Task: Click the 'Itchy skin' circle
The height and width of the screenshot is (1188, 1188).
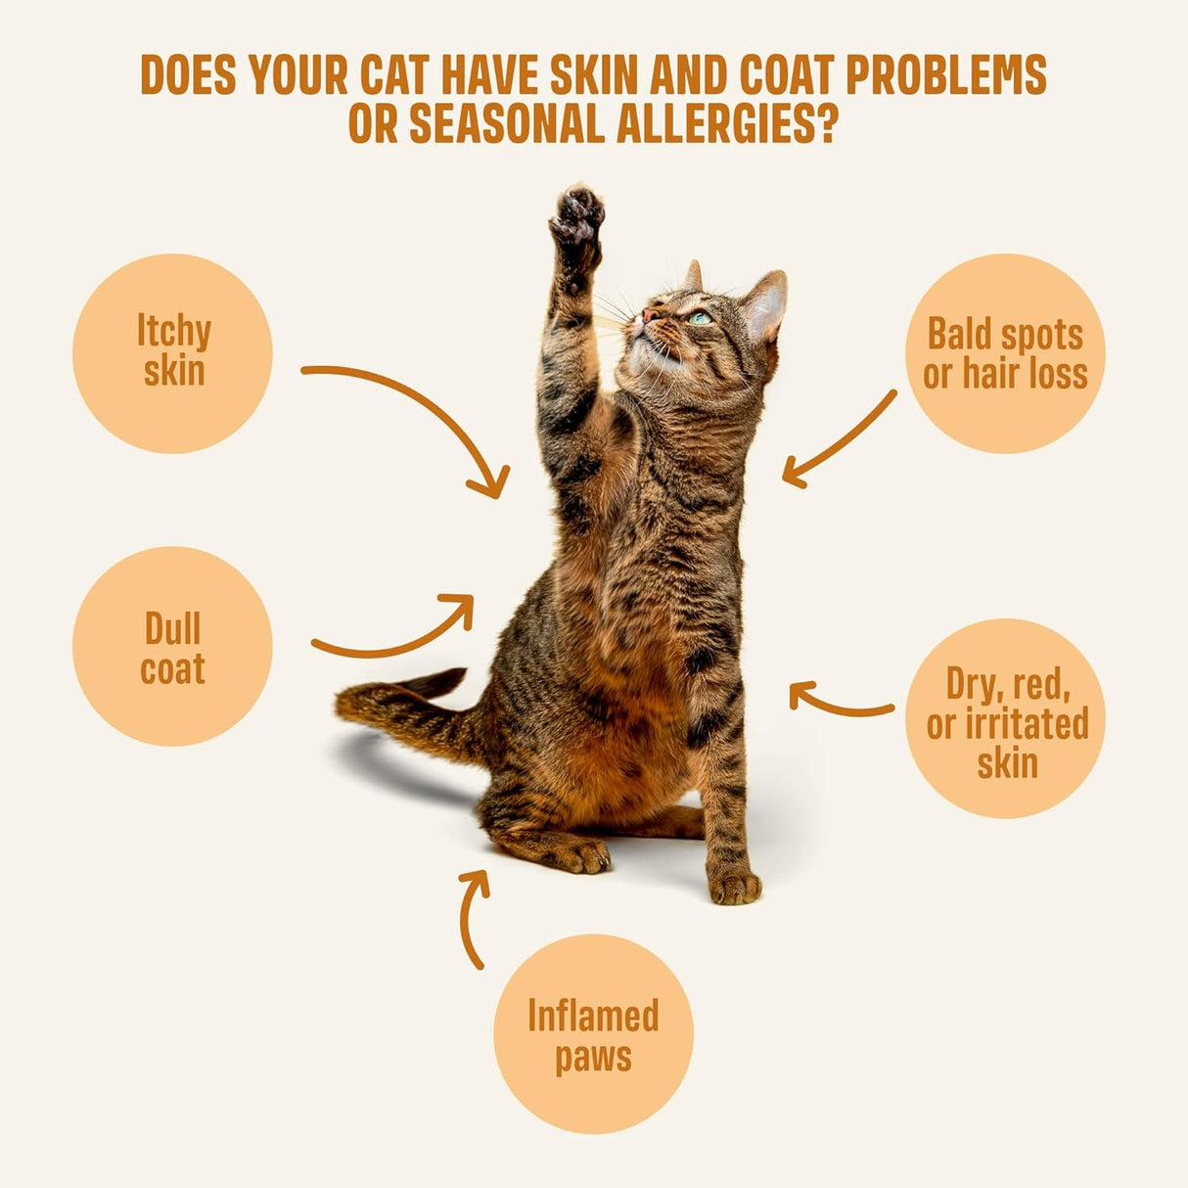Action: tap(172, 353)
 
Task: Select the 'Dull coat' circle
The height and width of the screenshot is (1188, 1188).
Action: tap(172, 647)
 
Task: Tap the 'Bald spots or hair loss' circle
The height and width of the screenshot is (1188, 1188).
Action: tap(1005, 353)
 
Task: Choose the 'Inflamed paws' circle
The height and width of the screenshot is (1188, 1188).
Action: tap(593, 1034)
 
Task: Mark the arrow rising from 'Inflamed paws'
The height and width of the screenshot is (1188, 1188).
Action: tap(473, 915)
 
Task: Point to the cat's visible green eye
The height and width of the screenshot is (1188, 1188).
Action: tap(699, 318)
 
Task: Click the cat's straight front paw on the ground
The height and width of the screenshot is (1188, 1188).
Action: tap(735, 887)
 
